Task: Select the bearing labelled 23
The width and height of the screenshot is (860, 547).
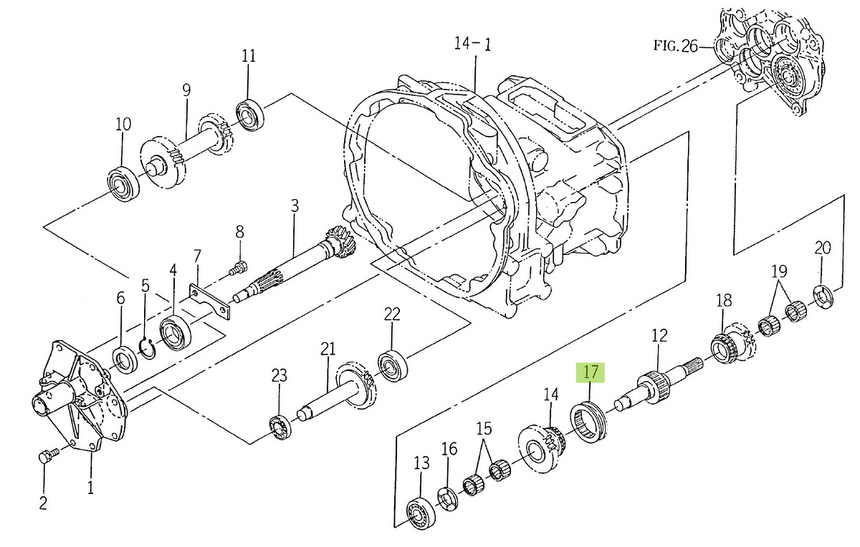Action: (x=279, y=427)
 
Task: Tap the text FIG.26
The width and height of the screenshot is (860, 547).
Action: (x=675, y=47)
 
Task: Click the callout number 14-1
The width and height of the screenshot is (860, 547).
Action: (x=472, y=44)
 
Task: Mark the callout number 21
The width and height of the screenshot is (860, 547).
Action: (x=328, y=349)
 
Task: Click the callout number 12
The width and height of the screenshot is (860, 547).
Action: (x=659, y=334)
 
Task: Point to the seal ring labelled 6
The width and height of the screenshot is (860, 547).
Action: (x=125, y=359)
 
